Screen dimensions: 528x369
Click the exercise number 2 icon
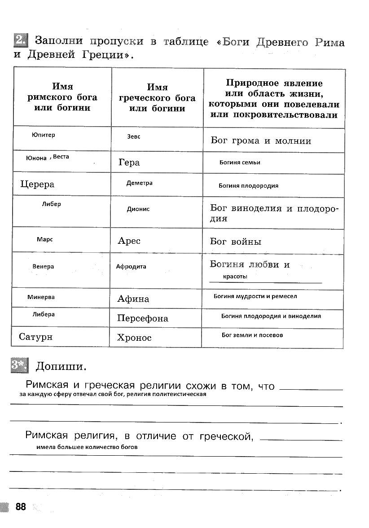click(x=20, y=41)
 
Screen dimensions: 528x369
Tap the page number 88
click(x=21, y=507)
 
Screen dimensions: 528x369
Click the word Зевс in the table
click(x=134, y=136)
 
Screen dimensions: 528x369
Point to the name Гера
click(x=129, y=163)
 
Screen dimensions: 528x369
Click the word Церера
click(x=37, y=185)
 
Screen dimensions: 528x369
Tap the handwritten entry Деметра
click(x=139, y=183)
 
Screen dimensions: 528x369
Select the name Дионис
click(x=138, y=209)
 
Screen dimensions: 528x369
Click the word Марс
click(x=45, y=240)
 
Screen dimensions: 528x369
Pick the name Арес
click(x=129, y=241)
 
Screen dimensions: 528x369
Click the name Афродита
click(x=131, y=267)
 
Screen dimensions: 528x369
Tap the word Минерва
click(x=41, y=297)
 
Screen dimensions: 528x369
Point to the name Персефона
click(x=142, y=319)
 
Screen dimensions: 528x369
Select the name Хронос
click(x=134, y=338)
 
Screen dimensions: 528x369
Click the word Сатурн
click(x=35, y=337)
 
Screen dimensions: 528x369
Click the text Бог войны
click(x=236, y=242)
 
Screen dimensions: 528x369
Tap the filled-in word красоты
click(x=235, y=277)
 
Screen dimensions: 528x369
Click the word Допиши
click(x=60, y=366)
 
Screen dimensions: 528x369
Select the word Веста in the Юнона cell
click(x=61, y=157)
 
